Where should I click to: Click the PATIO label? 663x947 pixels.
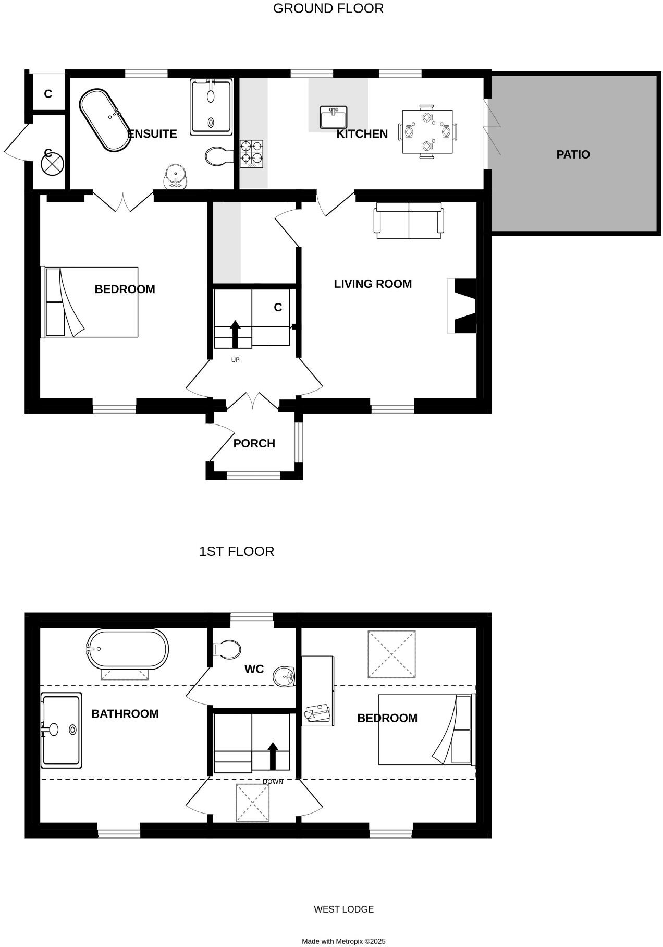point(572,154)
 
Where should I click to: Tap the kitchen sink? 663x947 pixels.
point(333,117)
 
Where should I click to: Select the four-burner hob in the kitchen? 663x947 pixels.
point(251,153)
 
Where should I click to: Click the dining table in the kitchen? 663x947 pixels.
point(427,132)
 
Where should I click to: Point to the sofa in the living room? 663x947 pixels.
point(409,221)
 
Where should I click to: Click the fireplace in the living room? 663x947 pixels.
point(465,306)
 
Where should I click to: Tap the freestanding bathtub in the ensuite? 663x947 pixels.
point(104,120)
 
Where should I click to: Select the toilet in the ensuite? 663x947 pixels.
point(218,156)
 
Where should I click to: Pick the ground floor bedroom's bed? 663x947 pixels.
point(90,302)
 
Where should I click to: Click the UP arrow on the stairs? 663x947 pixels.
point(235,334)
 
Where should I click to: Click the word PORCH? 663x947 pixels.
point(254,443)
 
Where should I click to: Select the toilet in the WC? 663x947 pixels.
point(227,650)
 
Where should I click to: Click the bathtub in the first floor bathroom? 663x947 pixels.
point(128,648)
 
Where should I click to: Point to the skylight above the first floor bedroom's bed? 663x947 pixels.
point(391,654)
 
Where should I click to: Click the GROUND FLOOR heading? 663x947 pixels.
point(328,8)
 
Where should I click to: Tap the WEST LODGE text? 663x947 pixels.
point(343,909)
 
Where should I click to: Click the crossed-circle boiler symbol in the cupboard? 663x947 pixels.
point(52,164)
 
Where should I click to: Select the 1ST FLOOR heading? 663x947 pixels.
point(236,551)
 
